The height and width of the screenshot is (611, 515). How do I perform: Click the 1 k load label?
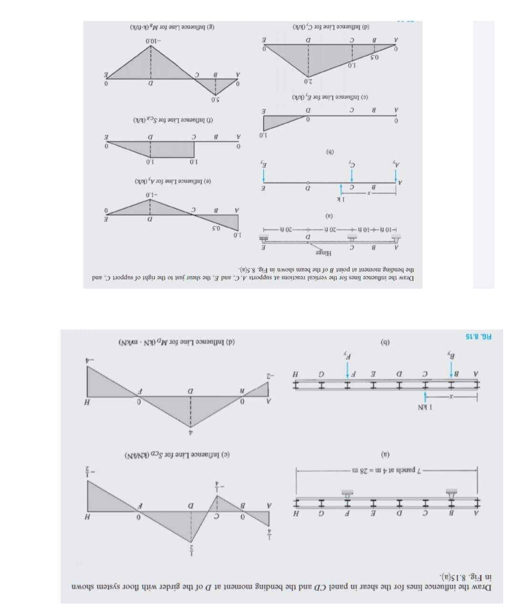click(x=340, y=199)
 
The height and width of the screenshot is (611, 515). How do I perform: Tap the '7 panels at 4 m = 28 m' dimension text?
click(x=385, y=471)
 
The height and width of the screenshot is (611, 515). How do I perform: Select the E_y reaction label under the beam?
click(x=263, y=165)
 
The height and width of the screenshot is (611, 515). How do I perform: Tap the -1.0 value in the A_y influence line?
click(x=151, y=194)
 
